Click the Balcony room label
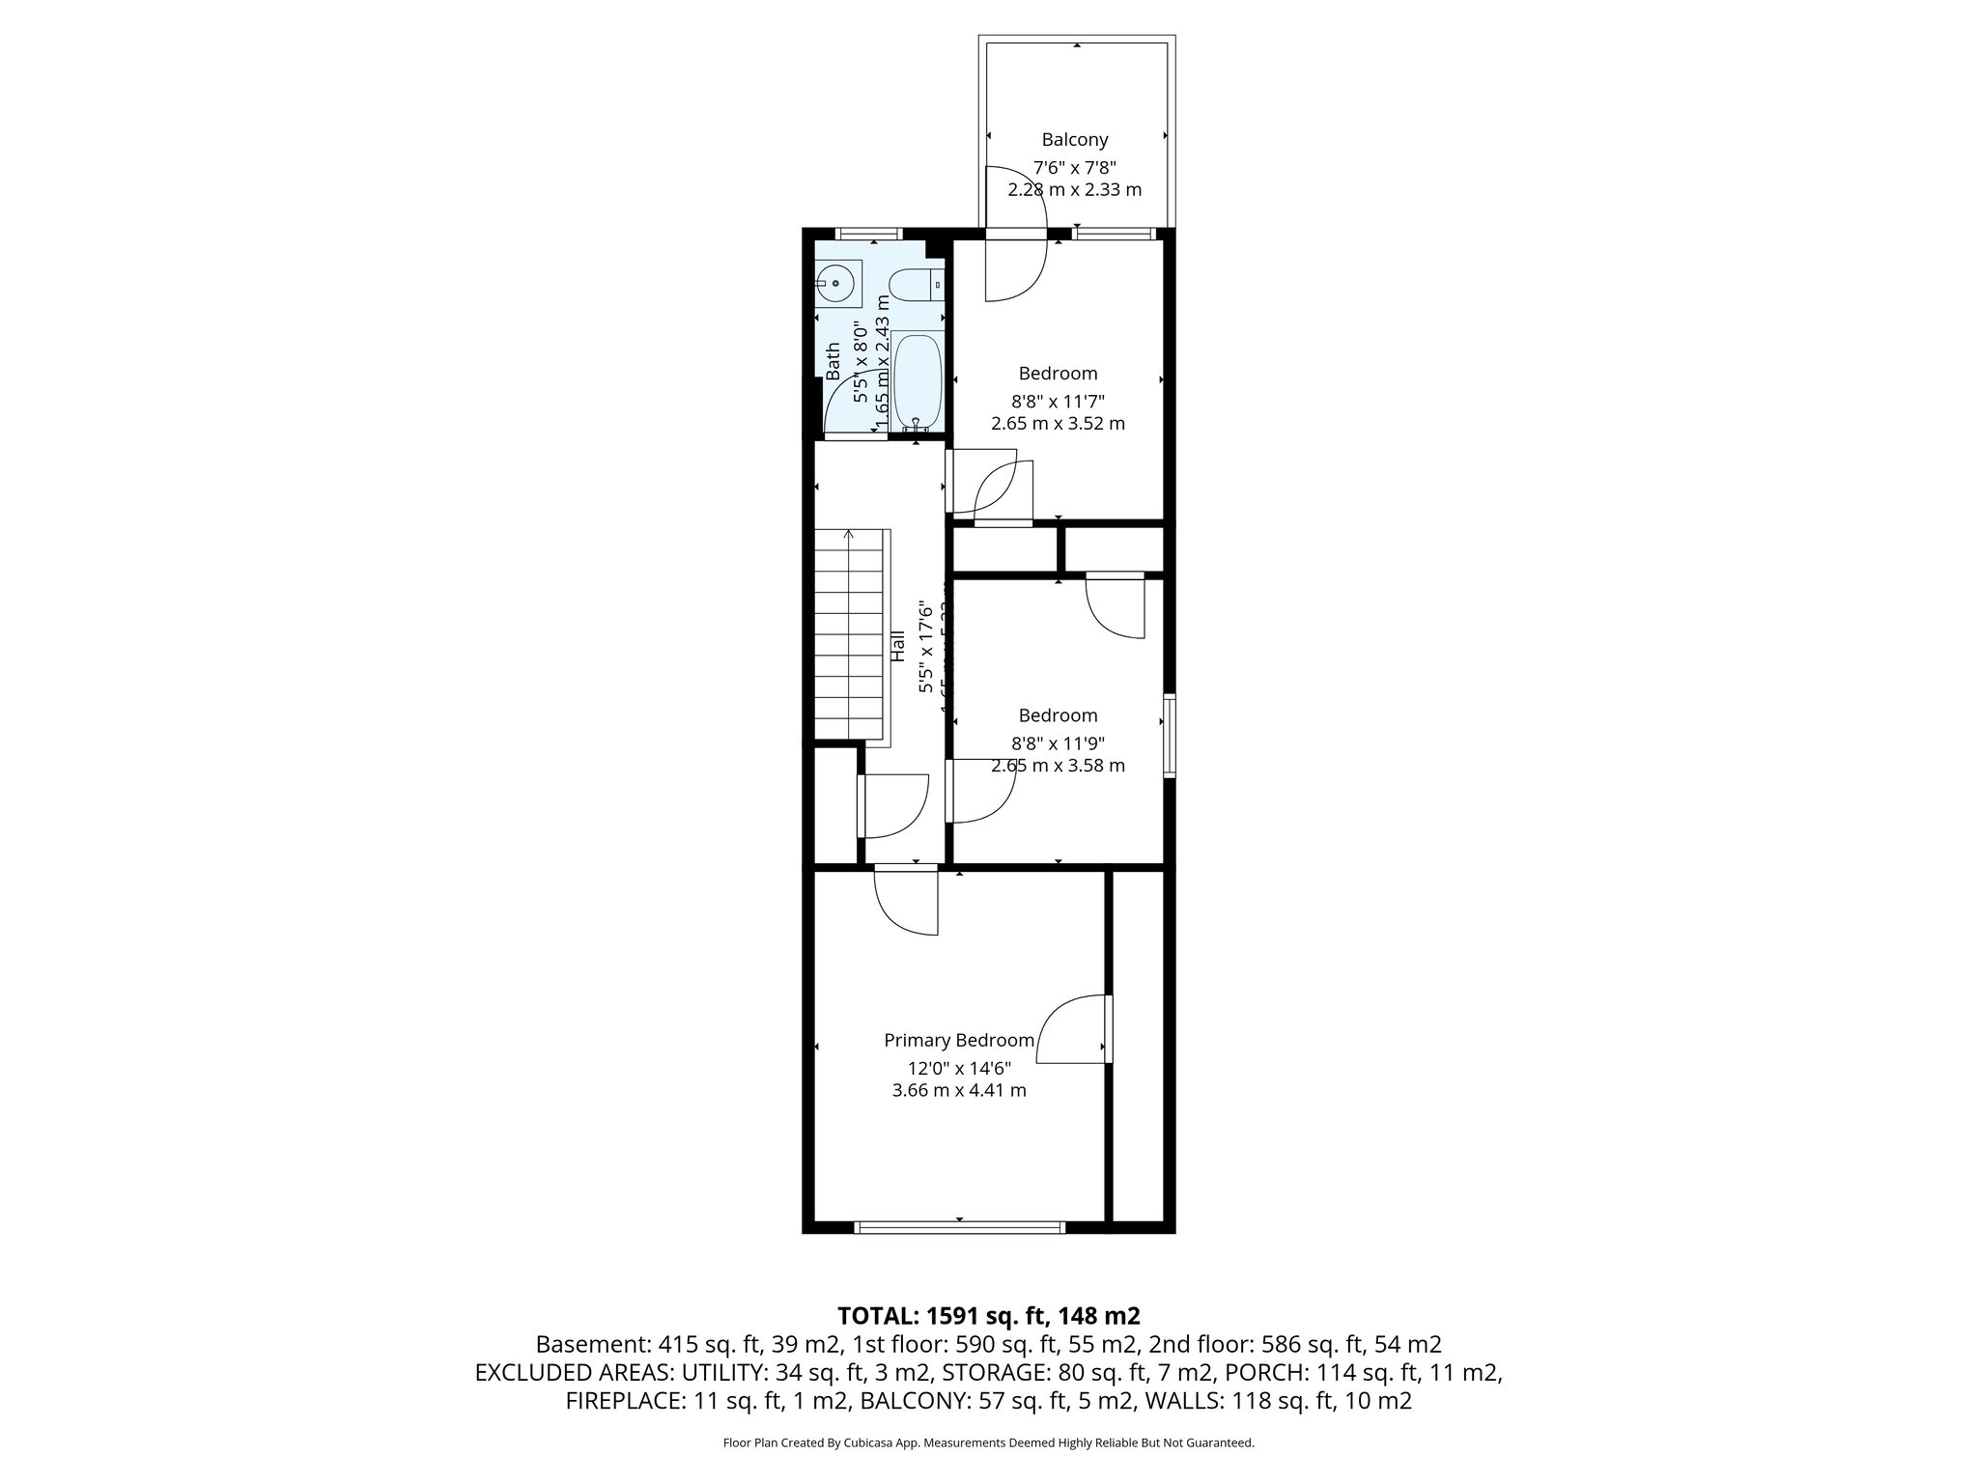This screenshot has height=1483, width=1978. pos(1074,140)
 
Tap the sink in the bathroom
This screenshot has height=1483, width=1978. pos(836,284)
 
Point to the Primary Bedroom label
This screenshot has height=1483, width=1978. pos(959,1041)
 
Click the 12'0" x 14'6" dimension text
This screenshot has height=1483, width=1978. pos(958,1068)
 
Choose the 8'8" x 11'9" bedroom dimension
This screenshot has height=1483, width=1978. pos(1058,743)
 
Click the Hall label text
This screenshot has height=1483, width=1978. pos(897,646)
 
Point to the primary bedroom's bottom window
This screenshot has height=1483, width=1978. pos(959,1228)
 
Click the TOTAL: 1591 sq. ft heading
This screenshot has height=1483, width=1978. pos(988,1315)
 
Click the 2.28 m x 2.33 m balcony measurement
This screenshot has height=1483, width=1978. pos(1074,190)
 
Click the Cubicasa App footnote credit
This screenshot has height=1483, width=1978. pos(988,1442)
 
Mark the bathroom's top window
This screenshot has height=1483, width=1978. pos(867,234)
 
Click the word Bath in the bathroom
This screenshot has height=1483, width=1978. pos(833,360)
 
